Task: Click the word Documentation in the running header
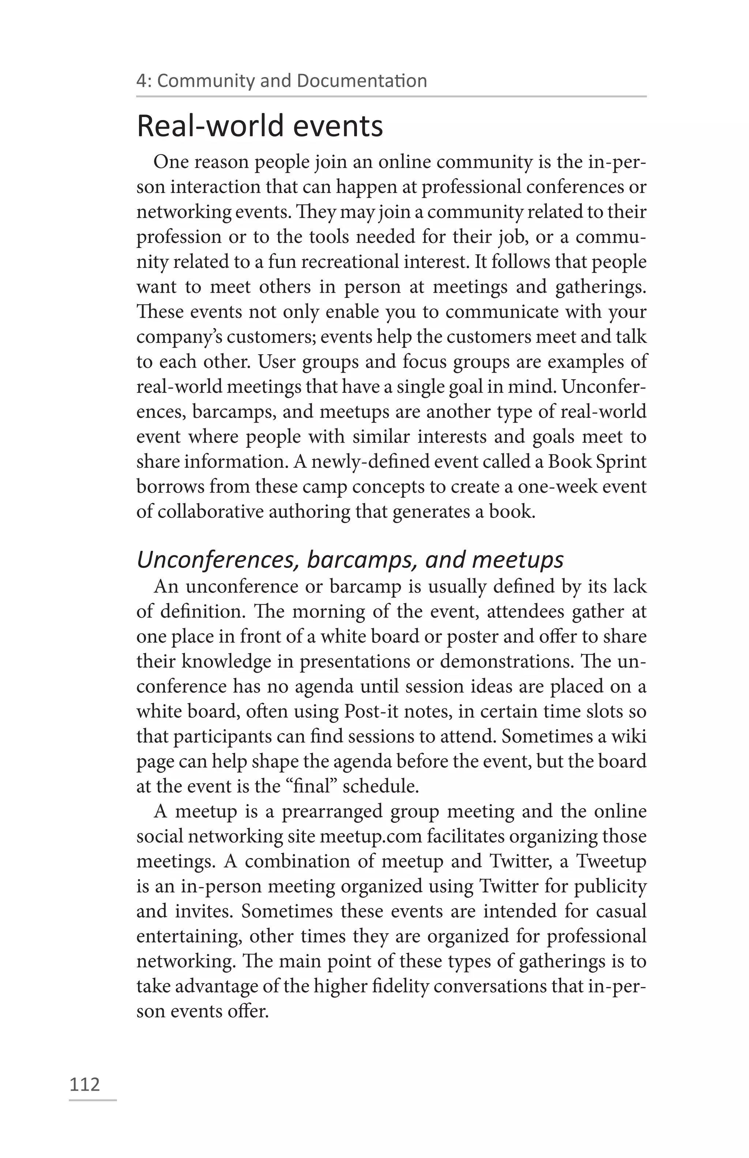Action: coord(362,81)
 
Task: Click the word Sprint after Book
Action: coord(621,461)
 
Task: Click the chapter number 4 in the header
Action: coord(141,81)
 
